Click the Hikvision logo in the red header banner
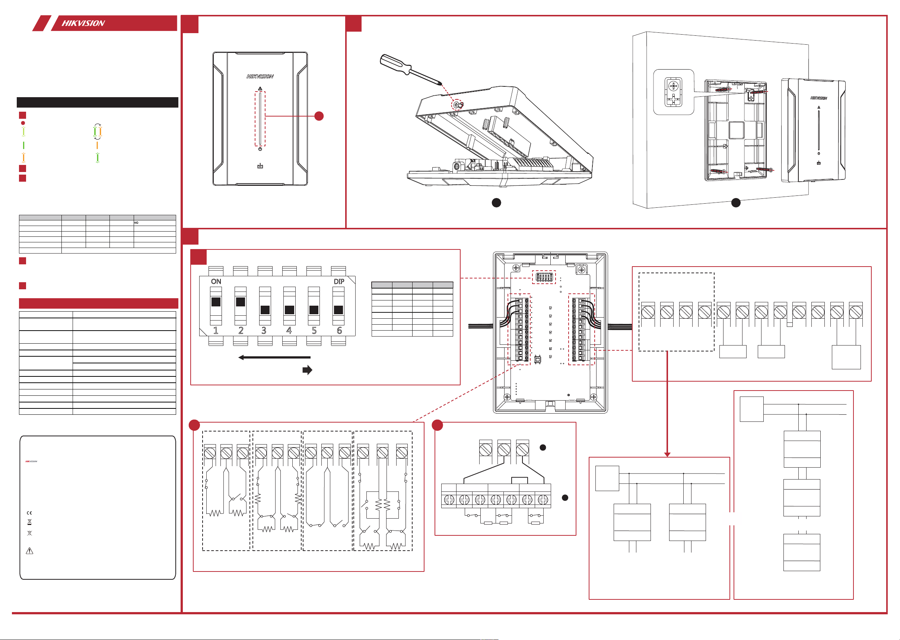pyautogui.click(x=83, y=23)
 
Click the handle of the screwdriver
pyautogui.click(x=394, y=65)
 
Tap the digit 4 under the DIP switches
pyautogui.click(x=289, y=330)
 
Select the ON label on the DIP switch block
pyautogui.click(x=216, y=281)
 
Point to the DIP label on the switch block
pyautogui.click(x=338, y=281)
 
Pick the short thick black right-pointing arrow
pyautogui.click(x=307, y=370)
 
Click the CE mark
pyautogui.click(x=29, y=513)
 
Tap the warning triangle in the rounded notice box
pyautogui.click(x=29, y=551)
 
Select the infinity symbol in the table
pyautogui.click(x=136, y=223)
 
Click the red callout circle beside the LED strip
pyautogui.click(x=319, y=116)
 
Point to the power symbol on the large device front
pyautogui.click(x=260, y=149)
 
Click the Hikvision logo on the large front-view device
pyautogui.click(x=260, y=76)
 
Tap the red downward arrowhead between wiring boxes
pyautogui.click(x=667, y=454)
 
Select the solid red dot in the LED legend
pyautogui.click(x=23, y=123)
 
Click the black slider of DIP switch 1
pyautogui.click(x=216, y=302)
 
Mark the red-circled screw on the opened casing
pyautogui.click(x=457, y=105)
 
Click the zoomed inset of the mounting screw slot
pyautogui.click(x=674, y=92)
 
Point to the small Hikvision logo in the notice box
pyautogui.click(x=31, y=461)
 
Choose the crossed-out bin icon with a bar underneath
pyautogui.click(x=29, y=522)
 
